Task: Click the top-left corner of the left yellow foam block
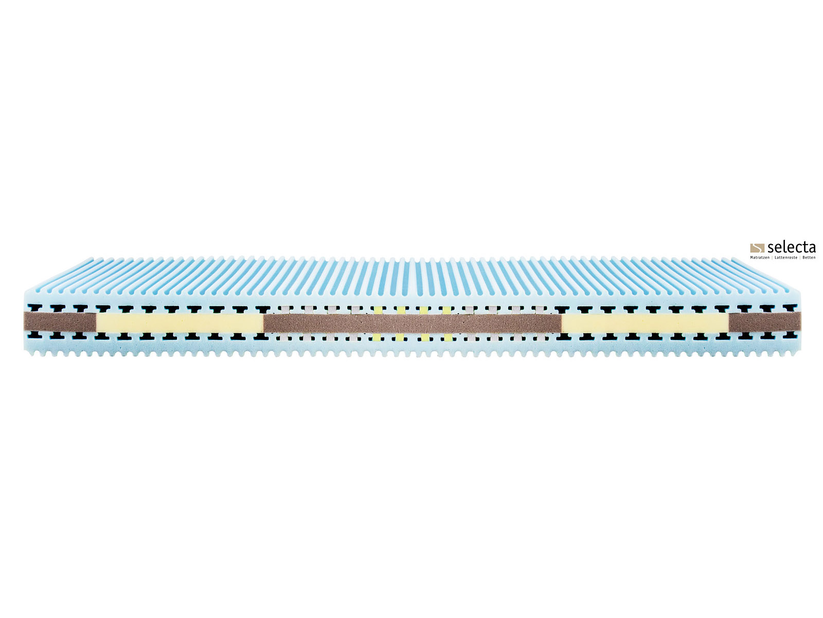pyautogui.click(x=97, y=313)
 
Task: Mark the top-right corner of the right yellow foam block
pyautogui.click(x=728, y=313)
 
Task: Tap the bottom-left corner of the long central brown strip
pyautogui.click(x=264, y=333)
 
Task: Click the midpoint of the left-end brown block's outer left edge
pyautogui.click(x=24, y=321)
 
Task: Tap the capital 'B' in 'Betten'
pyautogui.click(x=803, y=257)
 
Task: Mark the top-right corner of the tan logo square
pyautogui.click(x=764, y=244)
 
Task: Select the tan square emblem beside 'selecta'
pyautogui.click(x=757, y=248)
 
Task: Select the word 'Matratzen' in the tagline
pyautogui.click(x=760, y=258)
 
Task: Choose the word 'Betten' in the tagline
pyautogui.click(x=809, y=258)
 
